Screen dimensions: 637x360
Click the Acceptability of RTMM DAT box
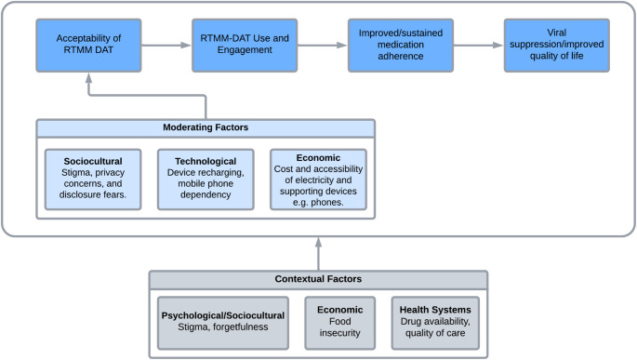coord(88,45)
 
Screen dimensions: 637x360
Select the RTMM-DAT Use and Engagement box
coord(245,45)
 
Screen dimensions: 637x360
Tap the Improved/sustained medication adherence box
coord(401,45)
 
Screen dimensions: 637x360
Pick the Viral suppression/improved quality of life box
coord(557,45)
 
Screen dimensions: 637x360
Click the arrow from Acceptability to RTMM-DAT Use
coord(166,45)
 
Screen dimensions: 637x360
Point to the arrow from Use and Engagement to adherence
coord(322,45)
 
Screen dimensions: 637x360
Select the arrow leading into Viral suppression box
coord(478,45)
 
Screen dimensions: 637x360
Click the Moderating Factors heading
coord(206,127)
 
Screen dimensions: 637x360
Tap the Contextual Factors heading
coord(318,279)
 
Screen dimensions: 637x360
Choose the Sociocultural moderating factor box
coord(93,180)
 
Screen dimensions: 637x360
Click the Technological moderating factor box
coord(206,180)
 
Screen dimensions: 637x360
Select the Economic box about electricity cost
coord(318,180)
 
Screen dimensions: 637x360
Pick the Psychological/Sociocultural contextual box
coord(223,323)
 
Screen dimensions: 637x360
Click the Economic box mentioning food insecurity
coord(340,323)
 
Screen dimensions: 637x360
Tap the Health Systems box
coord(435,323)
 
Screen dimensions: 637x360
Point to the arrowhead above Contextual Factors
coord(318,242)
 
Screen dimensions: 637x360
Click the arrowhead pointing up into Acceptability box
coord(88,78)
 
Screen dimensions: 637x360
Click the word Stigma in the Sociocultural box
coord(74,173)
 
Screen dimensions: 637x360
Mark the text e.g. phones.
coord(318,203)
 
